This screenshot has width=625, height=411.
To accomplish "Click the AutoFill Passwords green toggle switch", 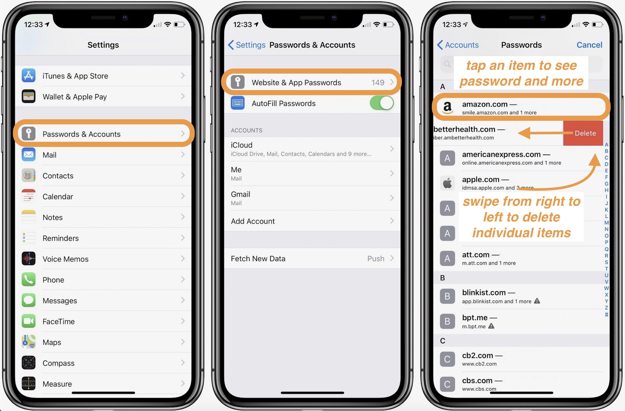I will (381, 103).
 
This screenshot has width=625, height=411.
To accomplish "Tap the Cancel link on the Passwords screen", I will (589, 45).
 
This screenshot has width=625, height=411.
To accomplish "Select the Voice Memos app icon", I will (29, 259).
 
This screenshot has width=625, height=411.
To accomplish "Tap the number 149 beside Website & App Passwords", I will (378, 82).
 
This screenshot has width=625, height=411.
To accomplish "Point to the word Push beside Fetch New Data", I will (375, 259).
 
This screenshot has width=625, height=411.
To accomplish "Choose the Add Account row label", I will (253, 221).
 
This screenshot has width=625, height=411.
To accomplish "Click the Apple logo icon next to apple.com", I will (447, 183).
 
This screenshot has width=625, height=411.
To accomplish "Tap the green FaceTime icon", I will (29, 321).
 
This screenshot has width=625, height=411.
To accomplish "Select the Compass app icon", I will (29, 363).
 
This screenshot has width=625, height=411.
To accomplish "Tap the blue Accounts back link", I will (458, 45).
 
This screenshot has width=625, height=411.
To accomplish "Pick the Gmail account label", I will (240, 194).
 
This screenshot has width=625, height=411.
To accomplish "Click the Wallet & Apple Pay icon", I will (29, 96).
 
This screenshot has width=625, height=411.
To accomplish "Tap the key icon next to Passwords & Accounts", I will (29, 134).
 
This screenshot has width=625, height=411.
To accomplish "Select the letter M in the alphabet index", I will (606, 223).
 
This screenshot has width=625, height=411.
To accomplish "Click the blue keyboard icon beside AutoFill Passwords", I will (238, 103).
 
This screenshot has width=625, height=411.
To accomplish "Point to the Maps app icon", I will (29, 342).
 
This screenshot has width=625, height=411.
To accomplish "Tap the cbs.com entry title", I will (477, 380).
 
